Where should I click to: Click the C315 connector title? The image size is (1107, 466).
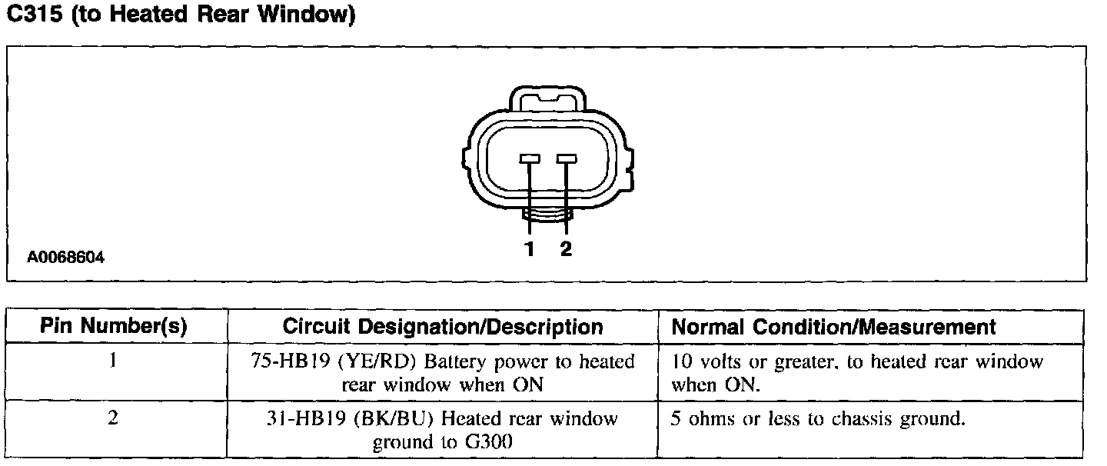(180, 16)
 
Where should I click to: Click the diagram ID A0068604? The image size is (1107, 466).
(66, 258)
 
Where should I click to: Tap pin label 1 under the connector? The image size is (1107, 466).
(529, 249)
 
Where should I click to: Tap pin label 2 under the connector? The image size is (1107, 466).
(567, 249)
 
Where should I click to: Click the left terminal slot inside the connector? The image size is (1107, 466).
(530, 158)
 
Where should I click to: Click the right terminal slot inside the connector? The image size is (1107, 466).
(567, 158)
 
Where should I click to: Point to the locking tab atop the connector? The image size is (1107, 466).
(547, 99)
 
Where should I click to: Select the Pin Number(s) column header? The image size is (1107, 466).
(113, 327)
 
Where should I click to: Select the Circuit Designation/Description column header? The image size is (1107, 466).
(443, 327)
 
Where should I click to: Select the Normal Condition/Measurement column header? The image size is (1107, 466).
(834, 327)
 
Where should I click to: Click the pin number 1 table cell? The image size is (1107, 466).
(113, 361)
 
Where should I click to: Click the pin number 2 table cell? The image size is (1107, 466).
(113, 420)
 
